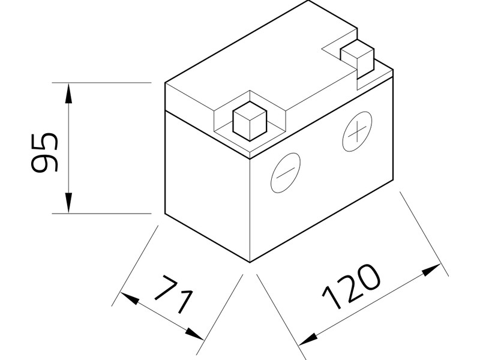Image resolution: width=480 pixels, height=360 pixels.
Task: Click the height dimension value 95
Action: point(44,153)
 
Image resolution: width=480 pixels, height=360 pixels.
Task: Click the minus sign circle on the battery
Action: point(285,172)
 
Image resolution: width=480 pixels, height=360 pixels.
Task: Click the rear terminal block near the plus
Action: point(357,56)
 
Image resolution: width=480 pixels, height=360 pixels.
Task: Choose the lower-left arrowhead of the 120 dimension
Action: point(306,340)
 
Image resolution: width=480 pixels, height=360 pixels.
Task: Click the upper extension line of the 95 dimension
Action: point(102,82)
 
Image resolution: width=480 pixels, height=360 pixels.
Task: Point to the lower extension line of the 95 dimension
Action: point(102,213)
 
